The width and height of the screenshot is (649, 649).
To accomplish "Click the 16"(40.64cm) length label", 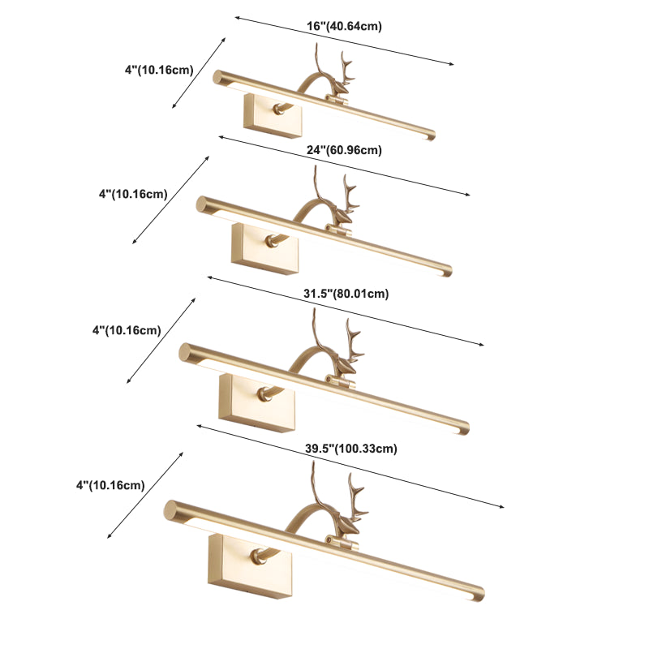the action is click(344, 26).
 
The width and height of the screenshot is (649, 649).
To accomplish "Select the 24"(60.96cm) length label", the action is click(344, 150).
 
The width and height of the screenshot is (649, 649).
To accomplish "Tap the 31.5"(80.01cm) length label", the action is click(346, 294).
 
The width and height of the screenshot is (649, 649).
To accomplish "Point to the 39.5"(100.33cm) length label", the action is click(351, 449).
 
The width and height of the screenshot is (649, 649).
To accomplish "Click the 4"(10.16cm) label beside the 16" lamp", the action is click(159, 70).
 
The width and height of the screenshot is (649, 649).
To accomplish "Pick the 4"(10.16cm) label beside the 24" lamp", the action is click(133, 194).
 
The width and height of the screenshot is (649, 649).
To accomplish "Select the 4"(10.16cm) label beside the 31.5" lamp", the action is click(127, 330).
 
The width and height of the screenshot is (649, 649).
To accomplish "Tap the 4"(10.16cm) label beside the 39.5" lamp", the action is click(110, 484).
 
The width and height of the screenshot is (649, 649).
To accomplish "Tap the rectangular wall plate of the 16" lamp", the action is click(273, 116).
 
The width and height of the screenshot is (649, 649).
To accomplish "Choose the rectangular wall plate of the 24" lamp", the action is click(264, 248).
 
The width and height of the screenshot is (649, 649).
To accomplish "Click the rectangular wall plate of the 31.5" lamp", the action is click(257, 402).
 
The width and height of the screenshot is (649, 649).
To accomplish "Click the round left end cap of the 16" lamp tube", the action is click(217, 77).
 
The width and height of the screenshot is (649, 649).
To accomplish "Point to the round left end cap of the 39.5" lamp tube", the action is click(170, 509).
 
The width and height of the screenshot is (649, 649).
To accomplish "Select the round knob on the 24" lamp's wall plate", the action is click(272, 241).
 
